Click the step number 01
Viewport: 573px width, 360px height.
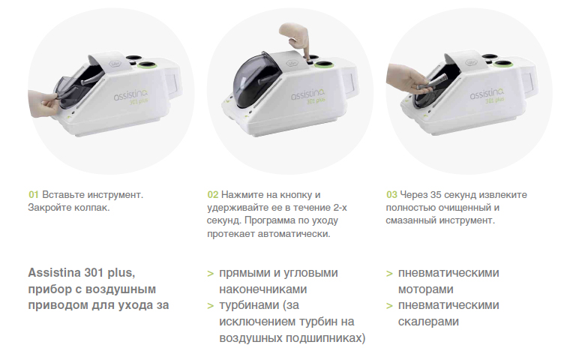pyautogui.click(x=34, y=194)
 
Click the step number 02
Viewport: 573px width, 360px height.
pyautogui.click(x=213, y=194)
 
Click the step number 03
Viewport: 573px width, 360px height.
pyautogui.click(x=392, y=194)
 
